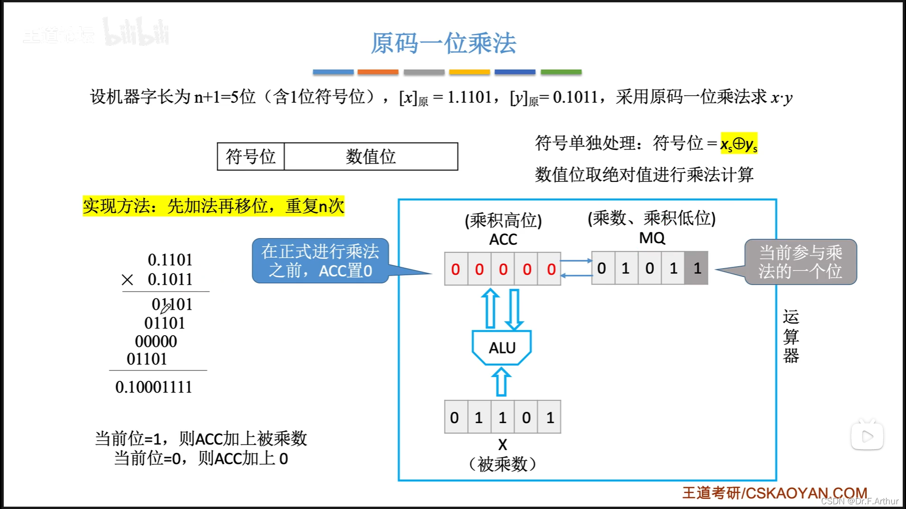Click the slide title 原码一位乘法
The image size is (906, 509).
coord(443,43)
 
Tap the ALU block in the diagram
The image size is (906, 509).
coord(502,348)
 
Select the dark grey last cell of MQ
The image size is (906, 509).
coord(696,268)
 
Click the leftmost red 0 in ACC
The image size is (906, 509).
coord(455,269)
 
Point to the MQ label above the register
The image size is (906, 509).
coord(652,238)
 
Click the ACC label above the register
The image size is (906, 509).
coord(503,239)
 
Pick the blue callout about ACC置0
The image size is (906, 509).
coord(320,261)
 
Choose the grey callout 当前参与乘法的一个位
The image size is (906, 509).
coord(800,262)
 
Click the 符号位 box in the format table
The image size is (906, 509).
coord(251,156)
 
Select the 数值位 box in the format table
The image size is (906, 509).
coord(371,156)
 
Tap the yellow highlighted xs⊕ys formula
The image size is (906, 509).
coord(738,144)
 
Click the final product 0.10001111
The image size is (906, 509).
coord(154,387)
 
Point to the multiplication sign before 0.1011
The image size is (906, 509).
coord(127,280)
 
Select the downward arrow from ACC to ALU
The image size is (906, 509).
coord(514,309)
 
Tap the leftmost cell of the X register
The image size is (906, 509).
coord(455,417)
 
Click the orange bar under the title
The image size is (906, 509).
coord(377,72)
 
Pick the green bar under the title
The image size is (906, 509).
coord(561,72)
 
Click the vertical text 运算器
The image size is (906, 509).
coord(791,336)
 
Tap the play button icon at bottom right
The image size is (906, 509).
coord(867,436)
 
